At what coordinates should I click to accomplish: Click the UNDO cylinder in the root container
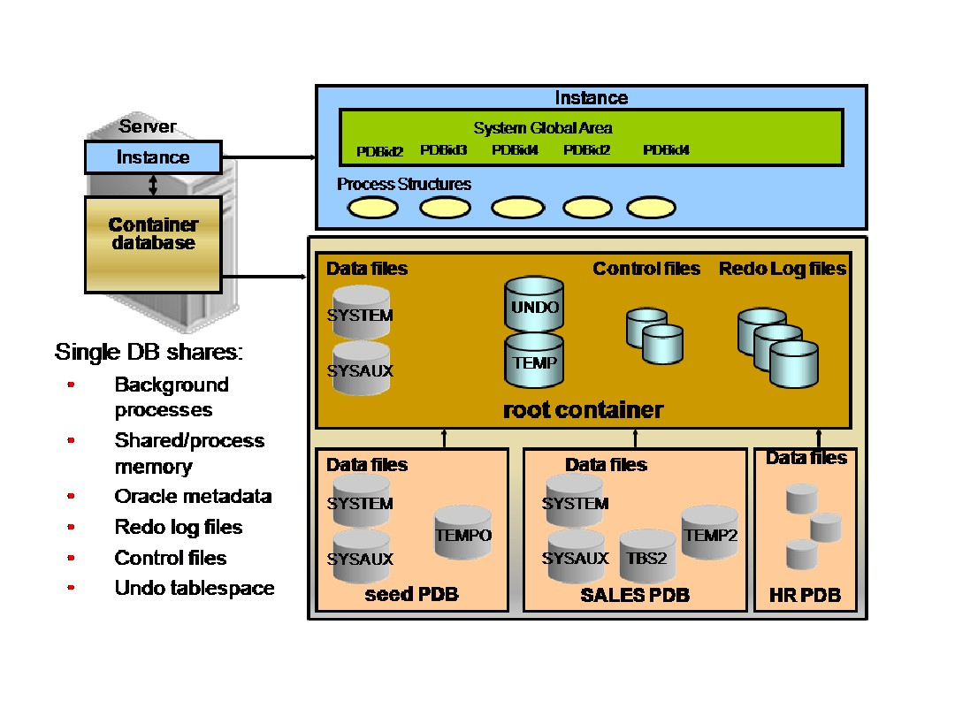tap(534, 304)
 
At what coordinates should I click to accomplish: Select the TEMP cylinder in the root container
tap(534, 360)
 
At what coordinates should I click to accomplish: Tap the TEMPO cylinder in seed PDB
tap(462, 532)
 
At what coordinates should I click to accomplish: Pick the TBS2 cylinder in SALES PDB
tap(647, 556)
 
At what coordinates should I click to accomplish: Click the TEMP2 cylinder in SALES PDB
tap(709, 532)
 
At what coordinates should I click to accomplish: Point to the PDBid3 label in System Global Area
tap(443, 149)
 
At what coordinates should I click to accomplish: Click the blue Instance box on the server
tap(153, 157)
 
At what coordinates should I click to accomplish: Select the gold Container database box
tap(153, 244)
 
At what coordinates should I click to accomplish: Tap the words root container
tap(583, 410)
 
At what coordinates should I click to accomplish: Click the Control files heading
tap(646, 269)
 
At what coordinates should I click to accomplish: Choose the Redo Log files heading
tap(782, 269)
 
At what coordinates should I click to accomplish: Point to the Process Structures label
tap(404, 184)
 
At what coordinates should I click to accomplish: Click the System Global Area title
tap(543, 128)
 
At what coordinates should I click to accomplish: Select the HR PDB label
tap(805, 595)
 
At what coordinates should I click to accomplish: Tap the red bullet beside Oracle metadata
tap(72, 496)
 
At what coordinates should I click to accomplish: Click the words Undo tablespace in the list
tap(195, 588)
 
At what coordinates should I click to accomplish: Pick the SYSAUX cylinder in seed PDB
tap(361, 556)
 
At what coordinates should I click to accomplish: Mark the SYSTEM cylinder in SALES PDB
tap(575, 500)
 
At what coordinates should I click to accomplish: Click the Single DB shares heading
tap(149, 352)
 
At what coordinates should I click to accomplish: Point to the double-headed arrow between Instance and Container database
tap(153, 185)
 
